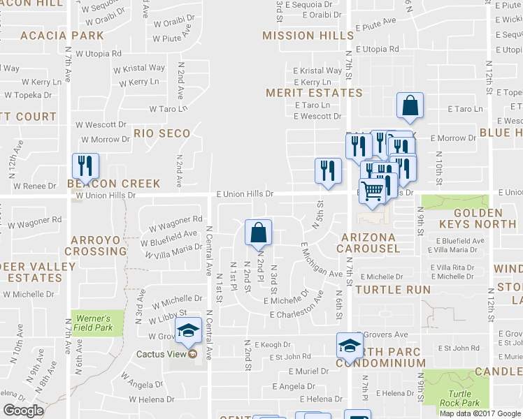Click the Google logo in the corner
[x=23, y=410]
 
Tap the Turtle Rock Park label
[x=460, y=398]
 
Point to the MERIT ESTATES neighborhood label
[x=314, y=92]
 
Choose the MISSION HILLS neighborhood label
[x=308, y=35]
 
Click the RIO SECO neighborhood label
[x=162, y=133]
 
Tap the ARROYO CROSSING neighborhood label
[x=98, y=245]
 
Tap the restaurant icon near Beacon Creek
[x=85, y=166]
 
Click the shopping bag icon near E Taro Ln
[x=410, y=105]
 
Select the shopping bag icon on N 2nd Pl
[x=258, y=232]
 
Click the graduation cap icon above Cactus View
[x=188, y=330]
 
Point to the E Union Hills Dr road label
[x=244, y=193]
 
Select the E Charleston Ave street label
[x=296, y=314]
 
